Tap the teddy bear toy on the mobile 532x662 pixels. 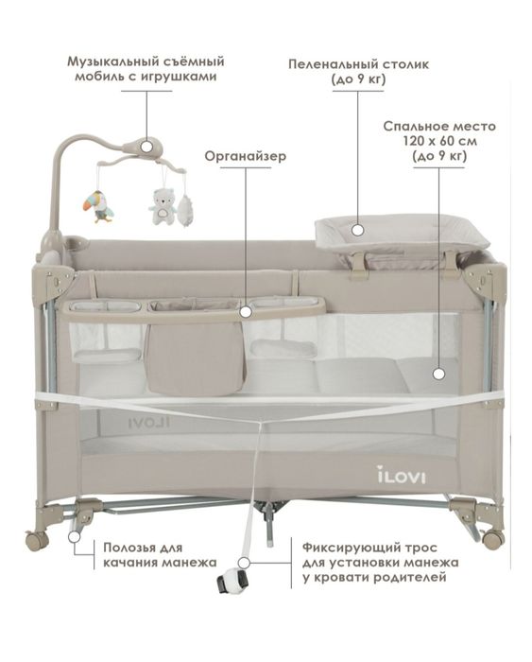[x=162, y=206]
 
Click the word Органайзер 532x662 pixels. [x=246, y=156]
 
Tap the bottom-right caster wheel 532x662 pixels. [x=491, y=539]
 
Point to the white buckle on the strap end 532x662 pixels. [x=232, y=582]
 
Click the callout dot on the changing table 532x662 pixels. [x=358, y=230]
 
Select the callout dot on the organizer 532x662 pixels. [x=246, y=311]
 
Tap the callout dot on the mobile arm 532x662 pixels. [x=146, y=147]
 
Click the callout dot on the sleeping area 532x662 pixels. [x=438, y=374]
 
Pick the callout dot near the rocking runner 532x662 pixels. [x=75, y=536]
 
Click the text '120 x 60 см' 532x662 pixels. [x=440, y=141]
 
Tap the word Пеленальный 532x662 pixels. [x=328, y=64]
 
